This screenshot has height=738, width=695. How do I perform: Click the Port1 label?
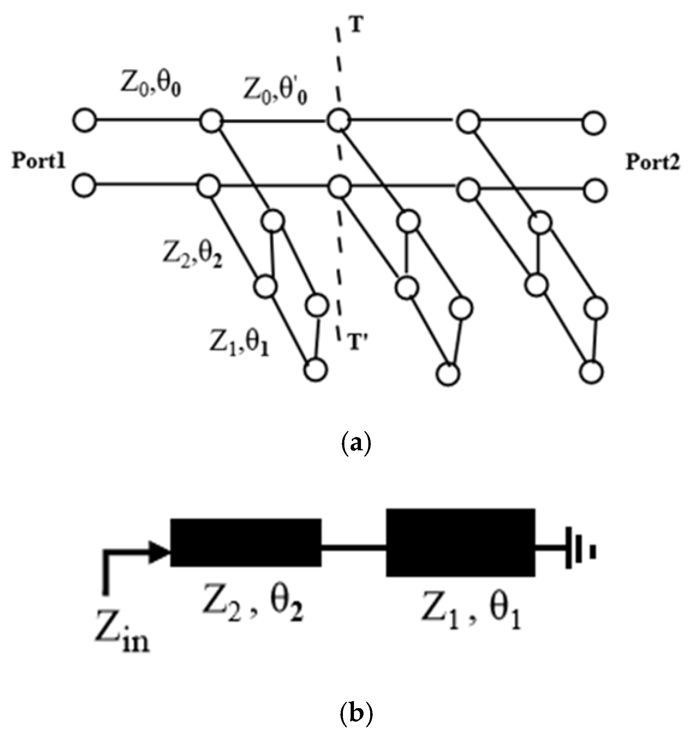39,162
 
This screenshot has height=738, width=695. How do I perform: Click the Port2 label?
653,162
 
